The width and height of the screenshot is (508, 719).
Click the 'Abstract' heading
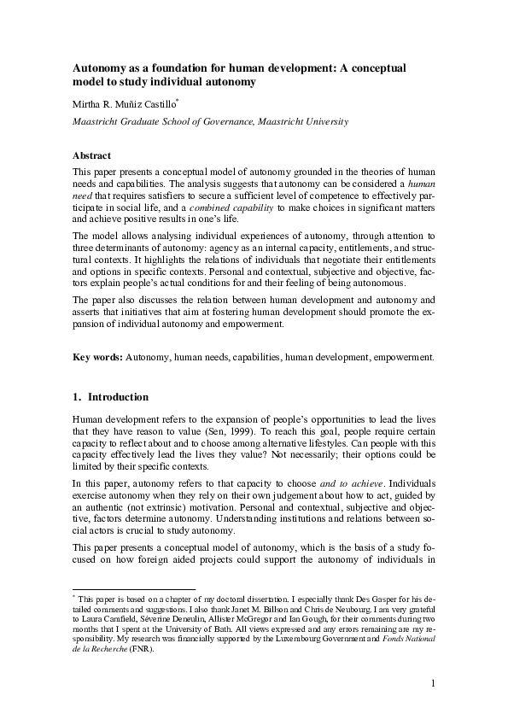(92, 155)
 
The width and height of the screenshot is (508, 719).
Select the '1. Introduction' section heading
(110, 397)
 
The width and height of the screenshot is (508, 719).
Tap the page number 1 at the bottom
(434, 683)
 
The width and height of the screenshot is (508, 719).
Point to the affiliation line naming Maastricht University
(210, 122)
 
